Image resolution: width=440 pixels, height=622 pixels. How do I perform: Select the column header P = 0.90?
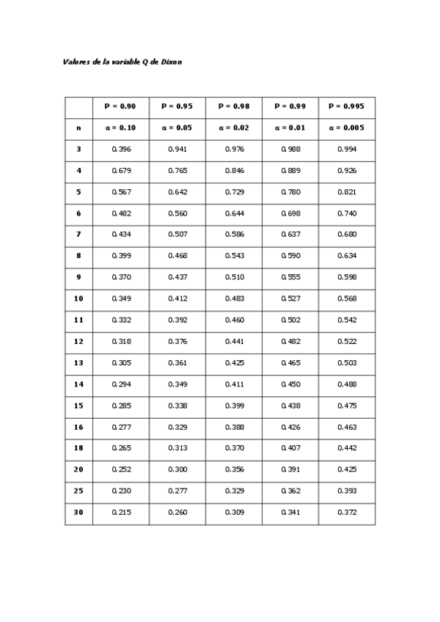[121, 106]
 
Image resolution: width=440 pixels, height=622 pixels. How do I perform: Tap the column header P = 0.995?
[347, 106]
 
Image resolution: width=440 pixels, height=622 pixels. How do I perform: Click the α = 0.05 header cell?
[177, 128]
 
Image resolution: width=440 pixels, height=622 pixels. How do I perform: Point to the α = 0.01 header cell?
[290, 128]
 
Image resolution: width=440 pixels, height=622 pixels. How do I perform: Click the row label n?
[78, 128]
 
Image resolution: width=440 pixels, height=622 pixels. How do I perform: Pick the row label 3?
[78, 149]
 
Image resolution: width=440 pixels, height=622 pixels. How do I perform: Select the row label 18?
[78, 447]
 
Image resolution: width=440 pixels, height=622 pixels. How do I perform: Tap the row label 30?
[78, 512]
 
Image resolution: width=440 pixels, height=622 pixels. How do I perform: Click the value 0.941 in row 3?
[177, 149]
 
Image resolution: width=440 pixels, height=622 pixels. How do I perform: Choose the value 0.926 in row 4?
[347, 170]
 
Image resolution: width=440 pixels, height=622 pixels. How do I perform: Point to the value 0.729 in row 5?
[234, 191]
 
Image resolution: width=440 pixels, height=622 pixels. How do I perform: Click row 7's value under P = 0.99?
[290, 235]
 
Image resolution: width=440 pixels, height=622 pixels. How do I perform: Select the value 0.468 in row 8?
[177, 256]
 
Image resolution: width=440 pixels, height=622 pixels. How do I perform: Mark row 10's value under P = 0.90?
[121, 299]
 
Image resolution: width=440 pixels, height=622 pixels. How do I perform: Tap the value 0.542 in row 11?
[347, 320]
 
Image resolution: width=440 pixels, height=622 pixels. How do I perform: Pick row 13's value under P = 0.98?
[234, 362]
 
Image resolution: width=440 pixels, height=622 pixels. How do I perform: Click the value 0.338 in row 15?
[177, 405]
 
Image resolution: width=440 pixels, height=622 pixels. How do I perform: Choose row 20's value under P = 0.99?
[290, 469]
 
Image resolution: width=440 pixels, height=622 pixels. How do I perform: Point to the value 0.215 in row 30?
[121, 512]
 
